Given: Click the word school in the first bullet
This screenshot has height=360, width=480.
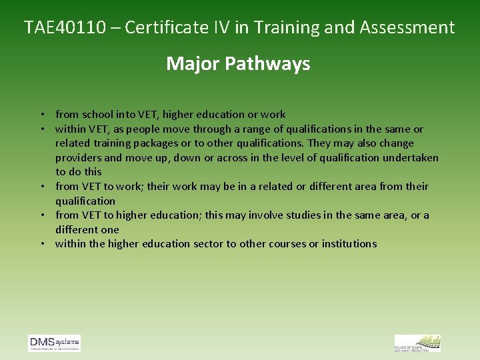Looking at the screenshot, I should tap(98, 115).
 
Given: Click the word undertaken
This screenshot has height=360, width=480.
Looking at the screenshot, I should tap(411, 158).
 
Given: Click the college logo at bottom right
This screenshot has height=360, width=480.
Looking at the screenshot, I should tap(417, 343).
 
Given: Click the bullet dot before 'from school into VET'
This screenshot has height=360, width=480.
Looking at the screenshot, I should tap(41, 115).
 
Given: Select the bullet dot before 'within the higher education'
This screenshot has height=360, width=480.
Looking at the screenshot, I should tap(41, 244).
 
